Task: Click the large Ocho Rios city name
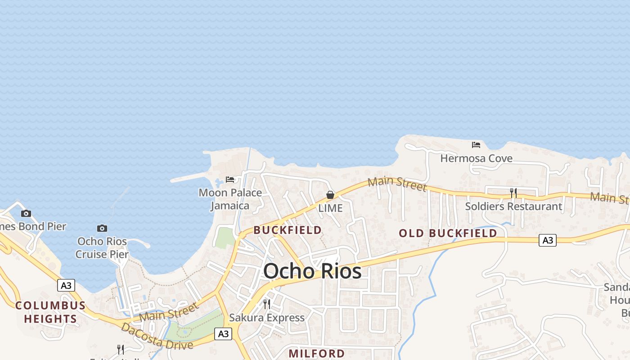[312, 271]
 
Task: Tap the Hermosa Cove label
[476, 158]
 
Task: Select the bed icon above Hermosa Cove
[476, 145]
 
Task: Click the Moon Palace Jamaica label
[230, 199]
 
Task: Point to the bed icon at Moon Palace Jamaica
[230, 180]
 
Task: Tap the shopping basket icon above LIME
[330, 195]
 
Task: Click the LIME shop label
[330, 208]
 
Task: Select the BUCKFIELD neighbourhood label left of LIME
[288, 230]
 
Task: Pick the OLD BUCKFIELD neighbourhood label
[448, 233]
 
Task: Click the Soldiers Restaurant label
[513, 207]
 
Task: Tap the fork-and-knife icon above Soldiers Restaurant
[513, 193]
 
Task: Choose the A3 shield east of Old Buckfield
[548, 240]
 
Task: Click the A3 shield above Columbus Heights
[66, 285]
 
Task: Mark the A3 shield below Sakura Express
[223, 334]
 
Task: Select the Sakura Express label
[267, 318]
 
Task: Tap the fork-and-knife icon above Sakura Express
[267, 304]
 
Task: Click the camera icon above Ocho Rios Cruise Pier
[102, 228]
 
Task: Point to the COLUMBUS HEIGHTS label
[50, 312]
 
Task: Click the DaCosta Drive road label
[157, 336]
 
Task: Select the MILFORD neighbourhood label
[317, 353]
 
